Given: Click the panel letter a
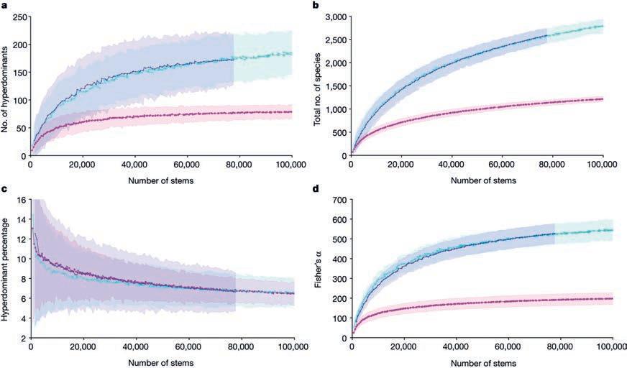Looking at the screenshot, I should tap(5, 5).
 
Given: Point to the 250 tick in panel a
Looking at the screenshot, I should tap(18, 16).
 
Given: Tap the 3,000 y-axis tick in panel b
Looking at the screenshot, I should tap(333, 16).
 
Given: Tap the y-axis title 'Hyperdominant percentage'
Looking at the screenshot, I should tap(6, 267).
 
